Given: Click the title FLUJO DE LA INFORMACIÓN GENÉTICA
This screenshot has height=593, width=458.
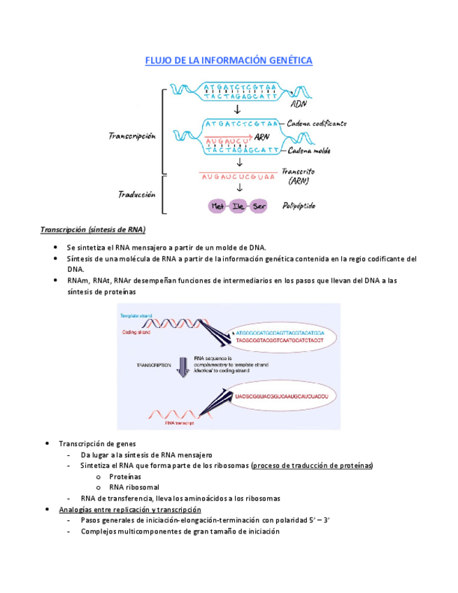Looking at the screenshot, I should pyautogui.click(x=229, y=61).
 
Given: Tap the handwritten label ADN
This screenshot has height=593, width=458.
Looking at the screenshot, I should pyautogui.click(x=299, y=103).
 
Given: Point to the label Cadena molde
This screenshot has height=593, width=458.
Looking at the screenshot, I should pyautogui.click(x=308, y=150).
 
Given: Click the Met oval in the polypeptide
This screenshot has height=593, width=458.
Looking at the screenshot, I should pyautogui.click(x=217, y=206).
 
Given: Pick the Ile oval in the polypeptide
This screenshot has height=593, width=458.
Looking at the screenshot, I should pyautogui.click(x=239, y=206).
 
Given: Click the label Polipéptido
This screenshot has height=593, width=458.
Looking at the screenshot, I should pyautogui.click(x=299, y=206).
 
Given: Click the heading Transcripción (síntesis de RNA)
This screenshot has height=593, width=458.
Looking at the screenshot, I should pyautogui.click(x=92, y=229).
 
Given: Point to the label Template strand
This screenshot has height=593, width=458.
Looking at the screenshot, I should pyautogui.click(x=137, y=317).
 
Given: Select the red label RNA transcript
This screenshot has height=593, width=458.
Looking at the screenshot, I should pyautogui.click(x=179, y=422).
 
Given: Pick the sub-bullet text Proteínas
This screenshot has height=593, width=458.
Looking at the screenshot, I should pyautogui.click(x=125, y=476).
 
